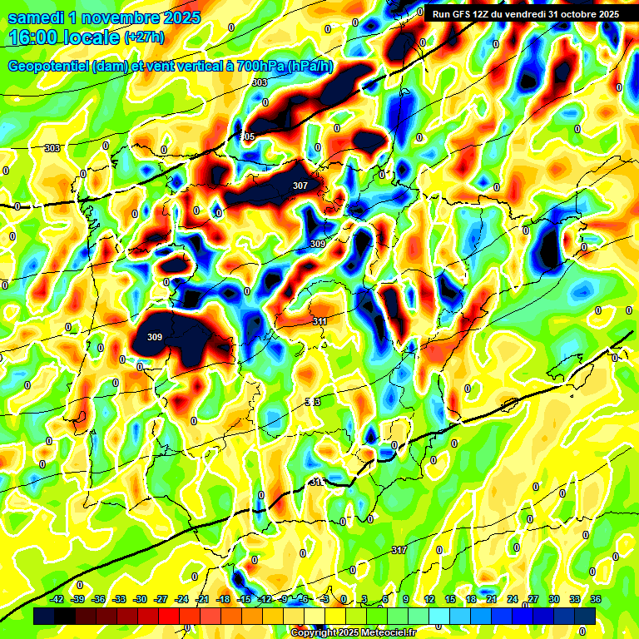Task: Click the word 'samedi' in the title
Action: click(35, 17)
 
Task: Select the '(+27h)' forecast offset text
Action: click(144, 37)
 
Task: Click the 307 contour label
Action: click(300, 186)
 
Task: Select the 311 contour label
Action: click(319, 320)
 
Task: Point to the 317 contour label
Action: click(399, 550)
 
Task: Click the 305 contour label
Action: click(247, 136)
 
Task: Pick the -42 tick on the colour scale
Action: click(57, 599)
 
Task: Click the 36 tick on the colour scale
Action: click(596, 599)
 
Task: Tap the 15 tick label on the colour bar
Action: click(450, 599)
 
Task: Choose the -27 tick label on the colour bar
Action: click(161, 599)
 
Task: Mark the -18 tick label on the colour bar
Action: click(223, 599)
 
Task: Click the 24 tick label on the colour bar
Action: click(513, 599)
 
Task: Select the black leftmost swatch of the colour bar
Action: click(44, 615)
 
